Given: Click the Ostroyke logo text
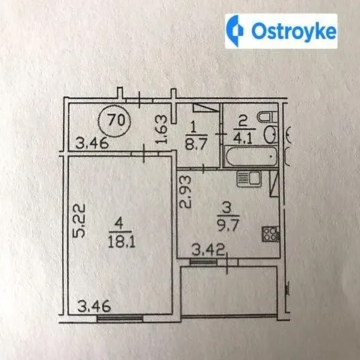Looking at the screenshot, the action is click(294, 31).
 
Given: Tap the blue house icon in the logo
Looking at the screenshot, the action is click(235, 31).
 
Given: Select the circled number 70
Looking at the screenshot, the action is click(115, 121).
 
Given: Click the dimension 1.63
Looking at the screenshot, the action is click(162, 129).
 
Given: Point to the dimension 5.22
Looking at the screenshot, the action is click(79, 220).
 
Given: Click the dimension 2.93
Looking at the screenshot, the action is click(186, 192).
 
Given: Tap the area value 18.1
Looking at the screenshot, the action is click(121, 242).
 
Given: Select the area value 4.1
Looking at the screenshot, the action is click(244, 138).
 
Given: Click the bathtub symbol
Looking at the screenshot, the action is click(250, 157).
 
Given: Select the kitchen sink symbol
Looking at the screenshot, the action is click(249, 179).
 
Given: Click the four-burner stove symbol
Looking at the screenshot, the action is click(271, 234).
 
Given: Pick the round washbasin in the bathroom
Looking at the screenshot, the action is click(270, 134).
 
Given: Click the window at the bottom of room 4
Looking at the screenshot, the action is click(120, 319).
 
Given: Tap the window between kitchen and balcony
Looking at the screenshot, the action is click(203, 262).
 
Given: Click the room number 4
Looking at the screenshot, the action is click(120, 223).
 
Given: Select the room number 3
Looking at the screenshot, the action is click(228, 208).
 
